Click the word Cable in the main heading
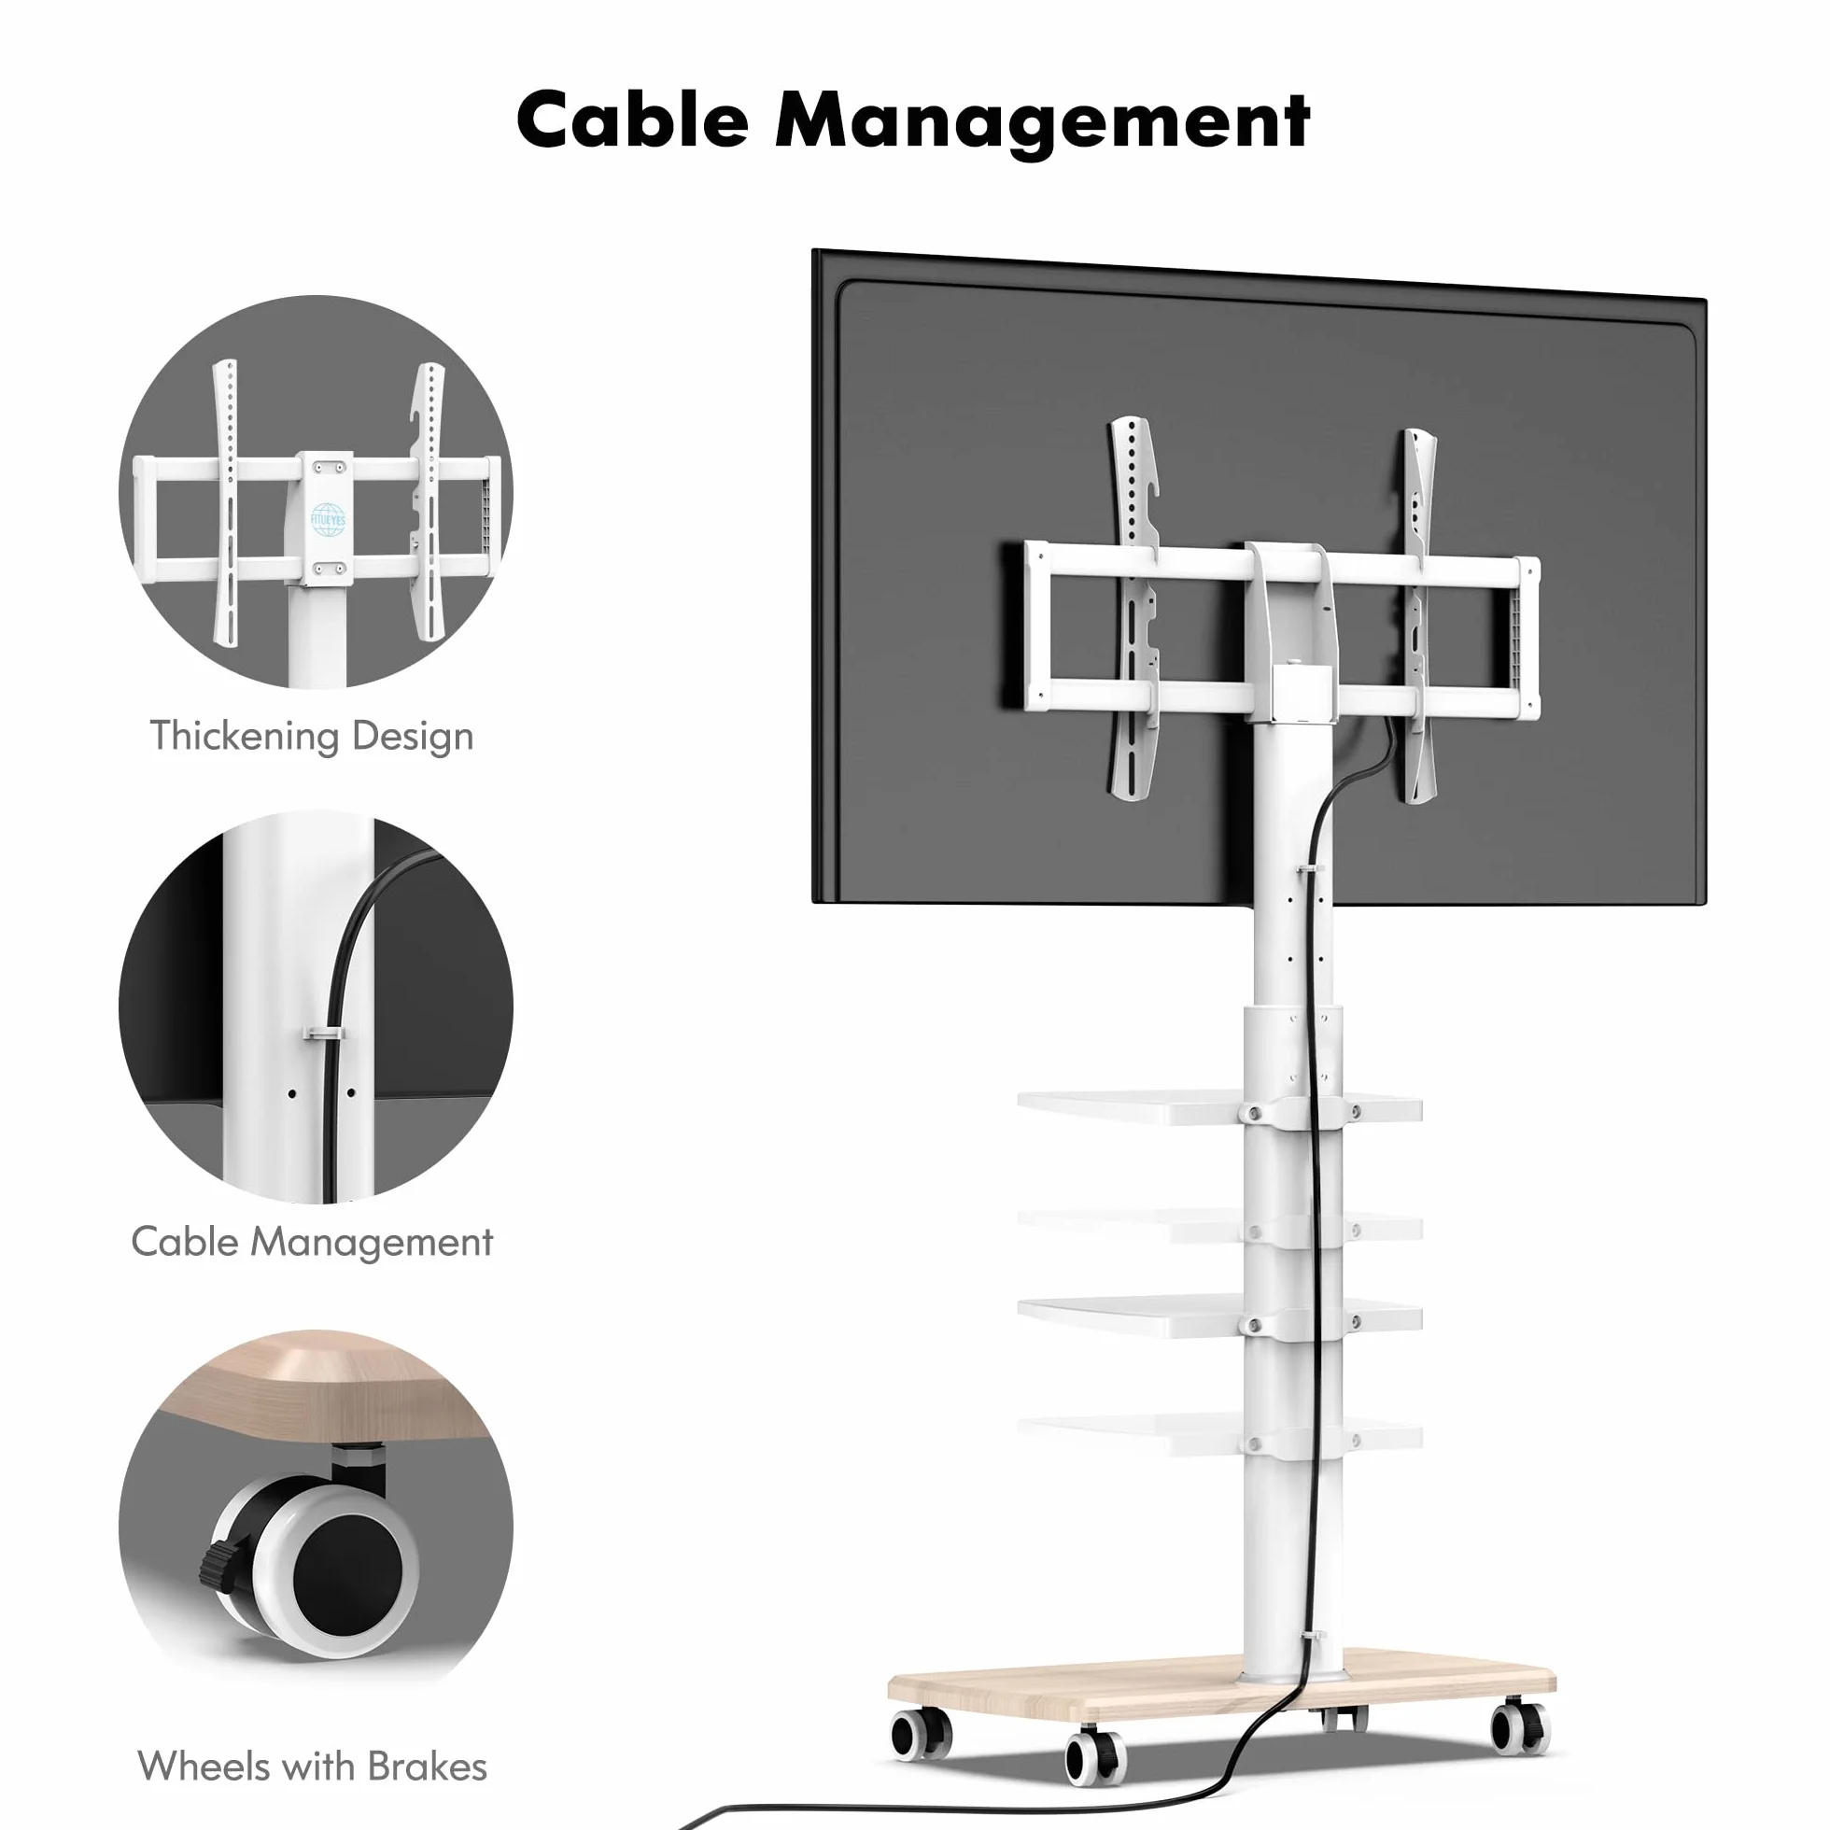pos(633,120)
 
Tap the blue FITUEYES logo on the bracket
pos(328,520)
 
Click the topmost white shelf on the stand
pos(1219,1107)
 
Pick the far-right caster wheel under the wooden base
pos(1520,1727)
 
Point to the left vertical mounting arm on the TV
pos(1133,607)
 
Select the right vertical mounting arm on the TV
pos(1420,616)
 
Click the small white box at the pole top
pos(1302,695)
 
